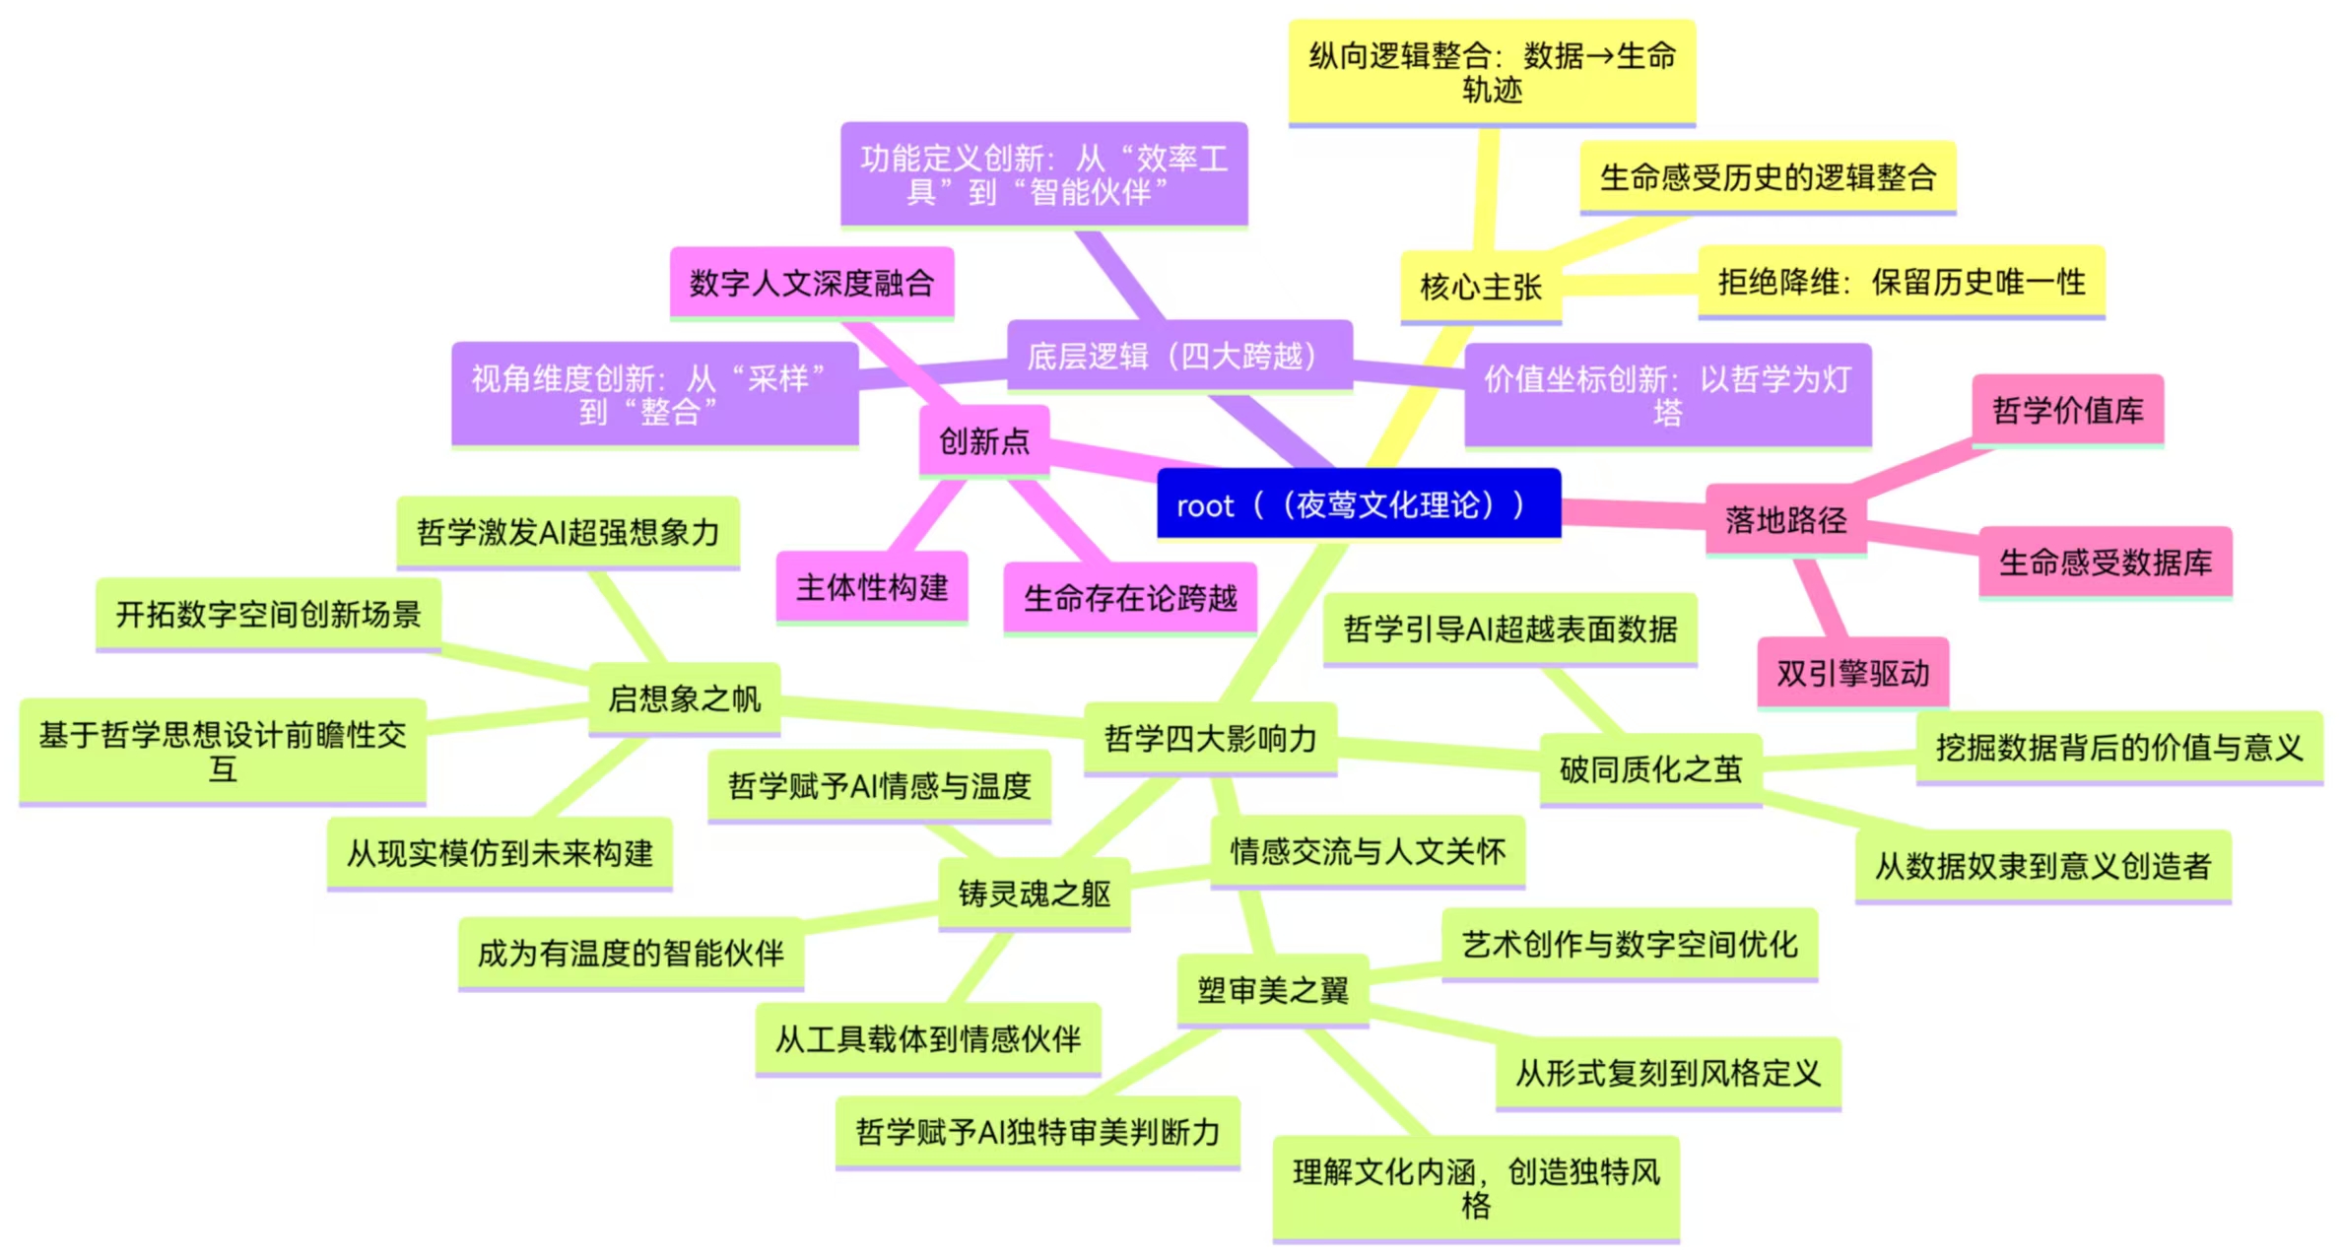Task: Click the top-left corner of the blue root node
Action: point(1158,469)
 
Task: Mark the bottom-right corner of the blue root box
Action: point(1562,538)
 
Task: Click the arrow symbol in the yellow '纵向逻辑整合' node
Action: point(1599,56)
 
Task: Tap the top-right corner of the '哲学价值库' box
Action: point(2164,374)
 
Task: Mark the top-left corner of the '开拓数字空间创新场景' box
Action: point(97,579)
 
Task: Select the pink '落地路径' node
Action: point(1785,520)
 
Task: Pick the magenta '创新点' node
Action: point(983,441)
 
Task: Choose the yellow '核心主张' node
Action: point(1481,288)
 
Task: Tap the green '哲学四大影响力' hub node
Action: point(1210,739)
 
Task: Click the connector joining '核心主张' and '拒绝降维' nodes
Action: point(1630,285)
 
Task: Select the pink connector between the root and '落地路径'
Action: point(1634,512)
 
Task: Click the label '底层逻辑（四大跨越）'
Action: point(1179,356)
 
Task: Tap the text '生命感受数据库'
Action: point(2106,563)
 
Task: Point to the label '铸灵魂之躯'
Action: point(1035,894)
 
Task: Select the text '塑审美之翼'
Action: point(1273,990)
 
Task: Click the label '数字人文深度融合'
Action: point(812,284)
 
